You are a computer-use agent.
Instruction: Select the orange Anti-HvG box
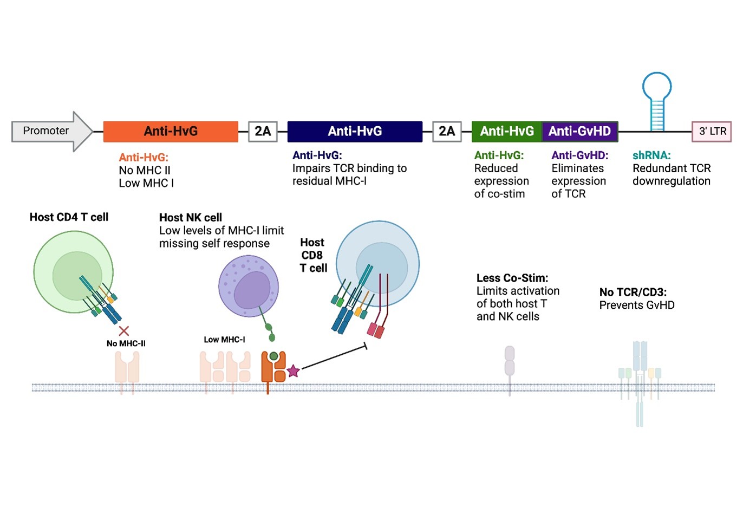click(171, 132)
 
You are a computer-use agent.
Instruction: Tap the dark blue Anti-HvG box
click(355, 132)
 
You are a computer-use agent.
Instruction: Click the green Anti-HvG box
click(506, 132)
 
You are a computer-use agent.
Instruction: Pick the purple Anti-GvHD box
click(579, 132)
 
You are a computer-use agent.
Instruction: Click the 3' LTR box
click(712, 132)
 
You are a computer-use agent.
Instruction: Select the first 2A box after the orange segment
click(263, 132)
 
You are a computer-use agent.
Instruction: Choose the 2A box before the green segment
click(447, 132)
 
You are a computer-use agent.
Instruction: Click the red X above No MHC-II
click(124, 331)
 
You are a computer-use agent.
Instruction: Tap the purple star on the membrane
click(293, 371)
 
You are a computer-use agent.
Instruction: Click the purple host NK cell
click(249, 286)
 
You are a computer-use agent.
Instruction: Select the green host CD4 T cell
click(73, 272)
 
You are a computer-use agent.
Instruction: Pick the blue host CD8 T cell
click(378, 263)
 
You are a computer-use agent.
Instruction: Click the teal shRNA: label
click(651, 155)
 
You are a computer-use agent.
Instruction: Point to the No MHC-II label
click(126, 343)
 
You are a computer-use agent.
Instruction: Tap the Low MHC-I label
click(224, 340)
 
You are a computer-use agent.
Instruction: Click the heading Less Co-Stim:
click(512, 278)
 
